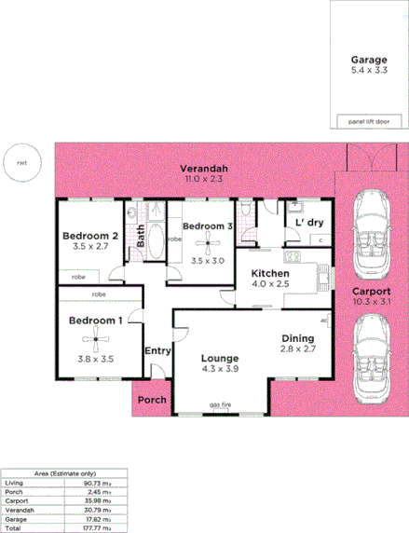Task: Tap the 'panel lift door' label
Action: pyautogui.click(x=368, y=121)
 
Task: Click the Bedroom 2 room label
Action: pyautogui.click(x=89, y=237)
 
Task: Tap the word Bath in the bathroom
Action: pyautogui.click(x=140, y=235)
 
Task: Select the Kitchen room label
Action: pyautogui.click(x=270, y=274)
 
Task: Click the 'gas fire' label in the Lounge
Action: pyautogui.click(x=221, y=406)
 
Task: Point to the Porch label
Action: pyautogui.click(x=151, y=401)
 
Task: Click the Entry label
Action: pyautogui.click(x=157, y=350)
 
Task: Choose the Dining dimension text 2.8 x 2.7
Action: pyautogui.click(x=300, y=348)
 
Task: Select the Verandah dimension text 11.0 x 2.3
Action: pyautogui.click(x=205, y=177)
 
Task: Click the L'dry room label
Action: pyautogui.click(x=308, y=224)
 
